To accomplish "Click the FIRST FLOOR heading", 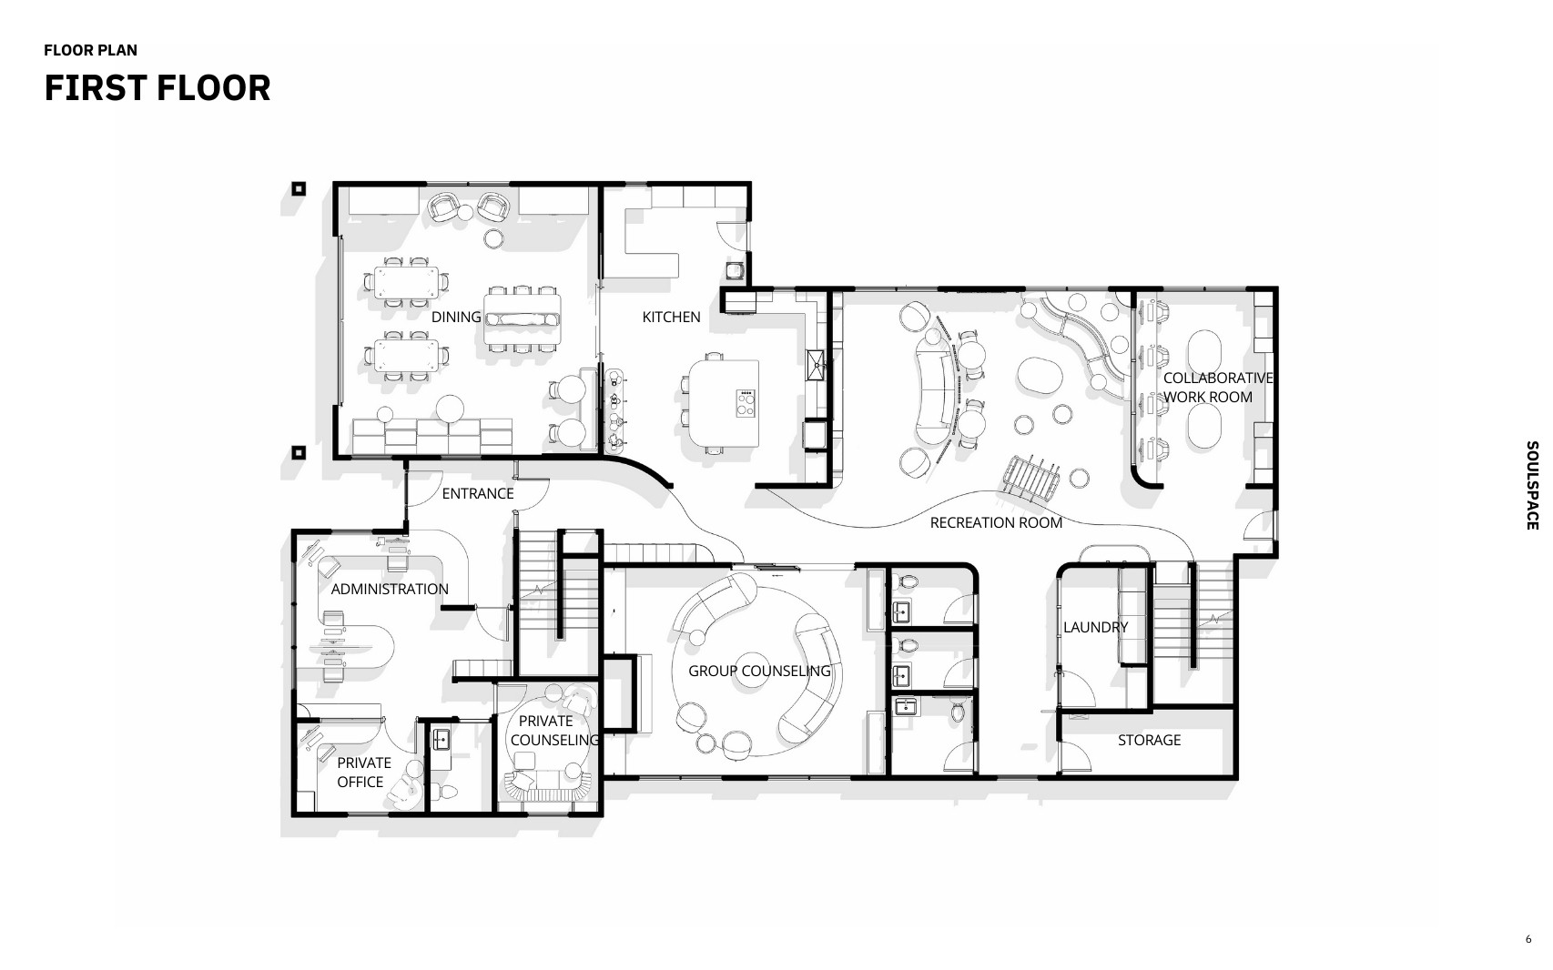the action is coord(157,88).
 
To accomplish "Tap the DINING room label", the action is coord(456,317).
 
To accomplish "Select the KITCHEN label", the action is coord(671,317).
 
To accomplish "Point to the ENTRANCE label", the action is coord(478,493).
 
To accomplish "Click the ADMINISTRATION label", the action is coord(390,589).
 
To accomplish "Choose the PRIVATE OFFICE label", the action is coord(364,772).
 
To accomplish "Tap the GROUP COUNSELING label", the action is coord(759,671).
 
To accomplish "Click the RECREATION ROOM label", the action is coord(996,522).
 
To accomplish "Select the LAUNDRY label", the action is coord(1095,627).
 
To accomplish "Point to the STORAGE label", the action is coord(1149,740).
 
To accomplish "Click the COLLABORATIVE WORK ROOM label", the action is coord(1218,388).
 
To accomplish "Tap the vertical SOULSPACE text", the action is coord(1532,486).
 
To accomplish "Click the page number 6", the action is coord(1528,939).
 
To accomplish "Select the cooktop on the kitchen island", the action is coord(746,403).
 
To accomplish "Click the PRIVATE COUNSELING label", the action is coord(554,731).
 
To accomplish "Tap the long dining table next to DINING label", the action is coord(522,318).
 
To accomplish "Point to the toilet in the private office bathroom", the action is coord(449,791).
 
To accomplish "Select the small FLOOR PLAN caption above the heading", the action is coord(91,50).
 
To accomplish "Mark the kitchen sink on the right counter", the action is coord(816,365).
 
